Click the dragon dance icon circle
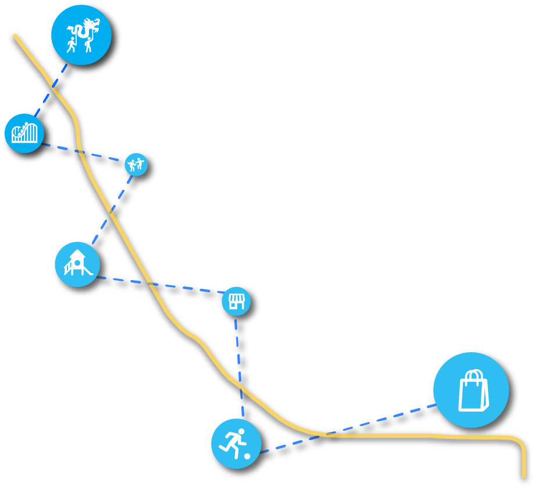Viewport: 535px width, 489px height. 81,35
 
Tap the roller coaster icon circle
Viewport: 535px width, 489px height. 24,133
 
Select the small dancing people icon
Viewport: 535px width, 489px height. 136,165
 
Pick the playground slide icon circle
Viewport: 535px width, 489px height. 77,264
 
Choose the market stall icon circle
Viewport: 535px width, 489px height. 236,302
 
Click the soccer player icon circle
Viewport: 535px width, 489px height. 236,444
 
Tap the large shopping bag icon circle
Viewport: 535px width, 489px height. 471,390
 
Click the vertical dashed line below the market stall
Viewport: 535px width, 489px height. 240,367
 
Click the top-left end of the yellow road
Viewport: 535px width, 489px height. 15,36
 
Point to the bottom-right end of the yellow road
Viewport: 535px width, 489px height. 524,474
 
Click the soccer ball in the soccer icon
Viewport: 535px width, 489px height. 247,456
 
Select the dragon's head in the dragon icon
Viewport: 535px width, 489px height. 92,24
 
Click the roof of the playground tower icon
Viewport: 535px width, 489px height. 77,253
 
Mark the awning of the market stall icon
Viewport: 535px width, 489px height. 236,297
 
